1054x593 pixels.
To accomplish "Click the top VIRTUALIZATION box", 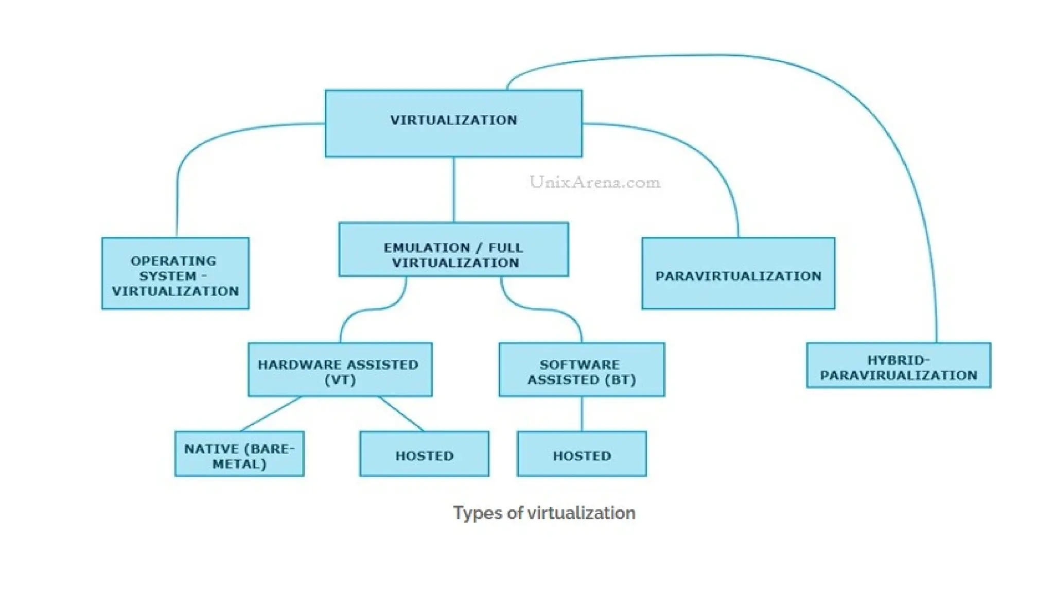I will [x=453, y=124].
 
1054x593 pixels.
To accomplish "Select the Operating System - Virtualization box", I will [x=175, y=273].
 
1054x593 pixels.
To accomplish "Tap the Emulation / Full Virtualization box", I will [x=453, y=250].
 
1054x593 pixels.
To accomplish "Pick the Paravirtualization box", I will [x=738, y=273].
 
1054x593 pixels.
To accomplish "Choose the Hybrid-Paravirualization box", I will [x=898, y=365].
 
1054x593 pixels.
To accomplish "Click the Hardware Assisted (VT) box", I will [x=340, y=370].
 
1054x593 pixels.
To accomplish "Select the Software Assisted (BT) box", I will [x=582, y=370].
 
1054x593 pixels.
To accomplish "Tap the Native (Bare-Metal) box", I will [x=239, y=454].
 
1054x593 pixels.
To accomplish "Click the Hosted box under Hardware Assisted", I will [x=424, y=454].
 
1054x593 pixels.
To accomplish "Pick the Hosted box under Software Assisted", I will [x=582, y=454].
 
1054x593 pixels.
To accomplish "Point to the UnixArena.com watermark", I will [x=595, y=182].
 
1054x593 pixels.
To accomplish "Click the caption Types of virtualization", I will [x=544, y=513].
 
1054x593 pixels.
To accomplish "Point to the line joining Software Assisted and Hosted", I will [x=582, y=414].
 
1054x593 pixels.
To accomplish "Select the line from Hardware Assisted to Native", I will [x=271, y=414].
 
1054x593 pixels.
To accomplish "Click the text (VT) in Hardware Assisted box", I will [x=340, y=380].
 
